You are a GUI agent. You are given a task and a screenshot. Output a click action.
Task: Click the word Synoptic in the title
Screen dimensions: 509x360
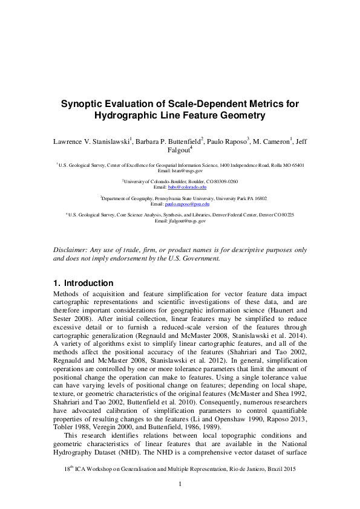coord(83,103)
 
